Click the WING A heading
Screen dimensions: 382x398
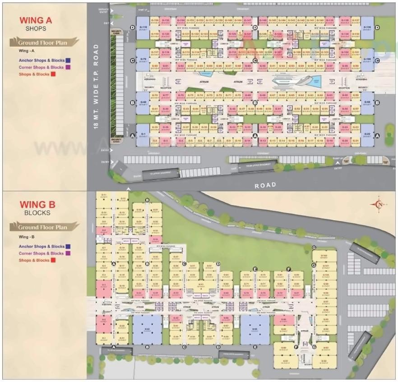click(x=36, y=20)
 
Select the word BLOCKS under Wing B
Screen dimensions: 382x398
click(x=37, y=213)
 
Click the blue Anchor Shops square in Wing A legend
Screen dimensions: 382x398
click(x=68, y=60)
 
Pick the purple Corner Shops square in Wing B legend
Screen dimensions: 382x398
click(x=68, y=253)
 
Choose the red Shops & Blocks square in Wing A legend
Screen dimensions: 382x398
click(x=53, y=74)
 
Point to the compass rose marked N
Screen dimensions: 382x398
click(x=379, y=204)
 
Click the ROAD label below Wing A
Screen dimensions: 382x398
click(x=265, y=185)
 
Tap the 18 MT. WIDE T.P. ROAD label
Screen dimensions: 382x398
click(x=96, y=87)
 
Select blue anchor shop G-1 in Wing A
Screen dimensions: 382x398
click(x=143, y=135)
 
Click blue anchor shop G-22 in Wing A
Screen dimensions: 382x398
click(x=367, y=135)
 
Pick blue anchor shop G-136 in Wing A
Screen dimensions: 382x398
click(x=367, y=28)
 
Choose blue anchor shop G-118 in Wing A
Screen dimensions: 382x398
click(x=143, y=28)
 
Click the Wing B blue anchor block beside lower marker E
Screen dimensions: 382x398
click(x=255, y=329)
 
